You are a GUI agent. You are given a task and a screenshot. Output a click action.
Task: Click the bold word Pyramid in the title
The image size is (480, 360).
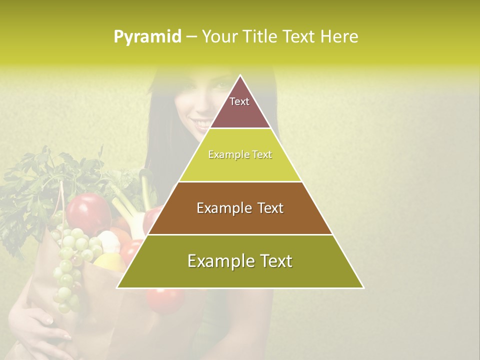[147, 37]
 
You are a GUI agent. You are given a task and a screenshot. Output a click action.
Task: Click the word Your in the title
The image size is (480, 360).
[218, 37]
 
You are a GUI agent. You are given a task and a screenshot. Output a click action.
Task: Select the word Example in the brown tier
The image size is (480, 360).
[219, 208]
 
